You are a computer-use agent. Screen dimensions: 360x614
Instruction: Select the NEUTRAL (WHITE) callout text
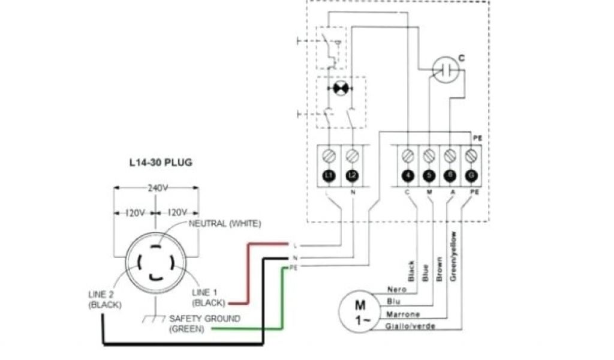coord(224,224)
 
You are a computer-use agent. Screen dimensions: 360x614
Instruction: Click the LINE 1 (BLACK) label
coord(208,297)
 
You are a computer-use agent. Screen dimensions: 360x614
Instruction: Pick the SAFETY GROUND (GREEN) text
coord(204,323)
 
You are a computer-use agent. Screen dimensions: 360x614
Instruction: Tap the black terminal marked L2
coord(353,175)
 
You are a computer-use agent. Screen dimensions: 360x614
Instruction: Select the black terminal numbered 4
coord(408,175)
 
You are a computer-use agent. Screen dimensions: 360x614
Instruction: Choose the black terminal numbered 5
coord(428,175)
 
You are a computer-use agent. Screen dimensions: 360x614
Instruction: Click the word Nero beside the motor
coord(396,289)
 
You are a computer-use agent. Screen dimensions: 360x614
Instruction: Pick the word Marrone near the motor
coord(403,314)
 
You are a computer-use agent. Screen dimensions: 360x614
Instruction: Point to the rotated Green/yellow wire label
coord(454,256)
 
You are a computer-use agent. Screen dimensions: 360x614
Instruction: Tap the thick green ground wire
coord(282,300)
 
